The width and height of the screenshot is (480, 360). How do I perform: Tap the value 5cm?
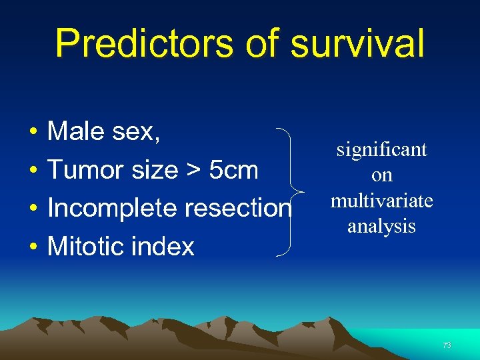(233, 170)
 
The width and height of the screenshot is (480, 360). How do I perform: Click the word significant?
(381, 150)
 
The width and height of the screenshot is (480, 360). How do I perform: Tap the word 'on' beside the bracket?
(382, 175)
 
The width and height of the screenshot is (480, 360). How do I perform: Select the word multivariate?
(382, 201)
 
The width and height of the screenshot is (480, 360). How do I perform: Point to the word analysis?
(382, 226)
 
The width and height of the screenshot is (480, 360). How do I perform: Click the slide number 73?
(447, 345)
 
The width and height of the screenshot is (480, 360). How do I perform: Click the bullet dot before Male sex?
(32, 132)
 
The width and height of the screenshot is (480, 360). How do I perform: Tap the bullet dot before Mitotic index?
(32, 247)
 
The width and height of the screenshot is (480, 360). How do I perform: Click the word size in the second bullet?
(154, 170)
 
